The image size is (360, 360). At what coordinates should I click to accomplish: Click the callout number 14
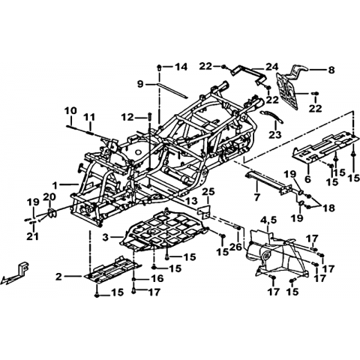[181, 67]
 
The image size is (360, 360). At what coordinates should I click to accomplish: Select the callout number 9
[140, 84]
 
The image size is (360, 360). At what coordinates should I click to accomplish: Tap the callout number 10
[71, 111]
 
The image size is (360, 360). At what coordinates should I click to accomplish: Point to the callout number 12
[127, 117]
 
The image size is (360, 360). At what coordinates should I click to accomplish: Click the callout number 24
[271, 67]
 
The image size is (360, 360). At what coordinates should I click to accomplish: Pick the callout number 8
[331, 70]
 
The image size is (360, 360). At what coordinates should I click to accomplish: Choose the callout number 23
[275, 135]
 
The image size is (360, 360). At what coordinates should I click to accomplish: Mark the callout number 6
[307, 179]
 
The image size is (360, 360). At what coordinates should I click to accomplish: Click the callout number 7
[256, 197]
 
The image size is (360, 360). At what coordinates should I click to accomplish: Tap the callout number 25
[208, 192]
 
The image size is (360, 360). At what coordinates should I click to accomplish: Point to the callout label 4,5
[268, 220]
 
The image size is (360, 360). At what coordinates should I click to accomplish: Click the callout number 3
[106, 237]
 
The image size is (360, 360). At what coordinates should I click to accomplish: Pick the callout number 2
[58, 277]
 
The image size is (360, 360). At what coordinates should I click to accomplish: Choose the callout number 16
[157, 278]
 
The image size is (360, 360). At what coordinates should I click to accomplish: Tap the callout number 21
[34, 236]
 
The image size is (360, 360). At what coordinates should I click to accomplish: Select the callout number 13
[192, 200]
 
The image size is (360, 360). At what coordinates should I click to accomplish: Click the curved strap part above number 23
[272, 115]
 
